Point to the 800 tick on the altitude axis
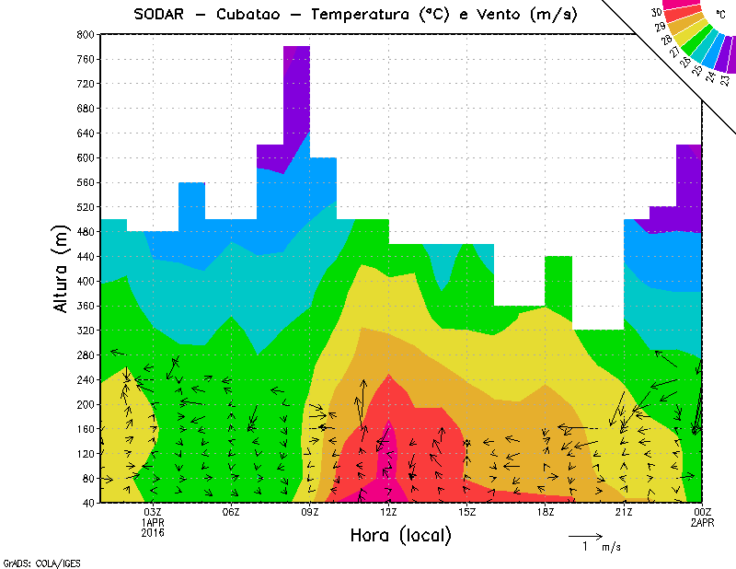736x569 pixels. [85, 34]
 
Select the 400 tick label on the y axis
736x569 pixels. [85, 281]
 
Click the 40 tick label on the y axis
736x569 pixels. [88, 503]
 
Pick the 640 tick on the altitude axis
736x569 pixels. [85, 133]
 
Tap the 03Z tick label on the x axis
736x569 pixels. [153, 512]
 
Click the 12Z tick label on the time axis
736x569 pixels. [388, 512]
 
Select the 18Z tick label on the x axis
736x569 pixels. [546, 512]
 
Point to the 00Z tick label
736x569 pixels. [703, 512]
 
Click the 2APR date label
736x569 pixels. [703, 522]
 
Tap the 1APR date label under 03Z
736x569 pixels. [153, 522]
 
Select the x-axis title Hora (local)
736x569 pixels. [399, 536]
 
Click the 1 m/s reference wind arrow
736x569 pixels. [585, 535]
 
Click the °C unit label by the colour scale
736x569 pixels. [720, 14]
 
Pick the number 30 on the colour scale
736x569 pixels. [656, 12]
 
